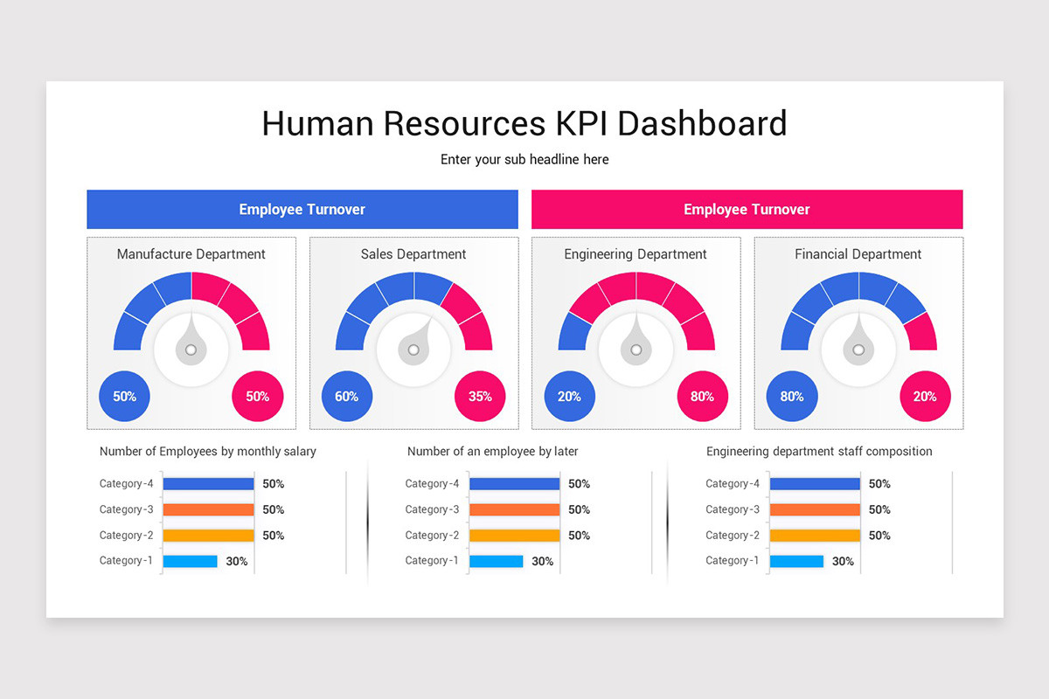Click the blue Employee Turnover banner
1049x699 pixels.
tap(302, 210)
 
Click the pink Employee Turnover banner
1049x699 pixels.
tap(747, 210)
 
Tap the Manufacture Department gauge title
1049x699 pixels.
tap(191, 254)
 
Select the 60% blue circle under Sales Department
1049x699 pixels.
tap(346, 397)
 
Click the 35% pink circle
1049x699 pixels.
tap(480, 397)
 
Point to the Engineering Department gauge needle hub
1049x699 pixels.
tap(636, 349)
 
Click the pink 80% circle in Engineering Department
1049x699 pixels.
tap(702, 397)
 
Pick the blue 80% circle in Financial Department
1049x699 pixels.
tap(791, 397)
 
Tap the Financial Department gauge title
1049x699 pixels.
tap(858, 254)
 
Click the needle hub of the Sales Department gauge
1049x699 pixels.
tap(413, 349)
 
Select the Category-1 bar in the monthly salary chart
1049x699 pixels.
tap(190, 561)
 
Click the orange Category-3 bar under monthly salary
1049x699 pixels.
tap(208, 509)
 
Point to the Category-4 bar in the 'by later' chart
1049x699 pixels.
tap(514, 484)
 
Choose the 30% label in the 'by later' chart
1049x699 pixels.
tap(542, 561)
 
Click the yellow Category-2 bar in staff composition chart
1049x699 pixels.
tap(815, 536)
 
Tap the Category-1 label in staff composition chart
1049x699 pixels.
tap(733, 561)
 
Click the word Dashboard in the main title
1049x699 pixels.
tap(702, 123)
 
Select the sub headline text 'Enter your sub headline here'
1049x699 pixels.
tap(524, 160)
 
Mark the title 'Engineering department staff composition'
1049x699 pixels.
tap(819, 452)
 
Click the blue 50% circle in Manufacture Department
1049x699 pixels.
tap(124, 397)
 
